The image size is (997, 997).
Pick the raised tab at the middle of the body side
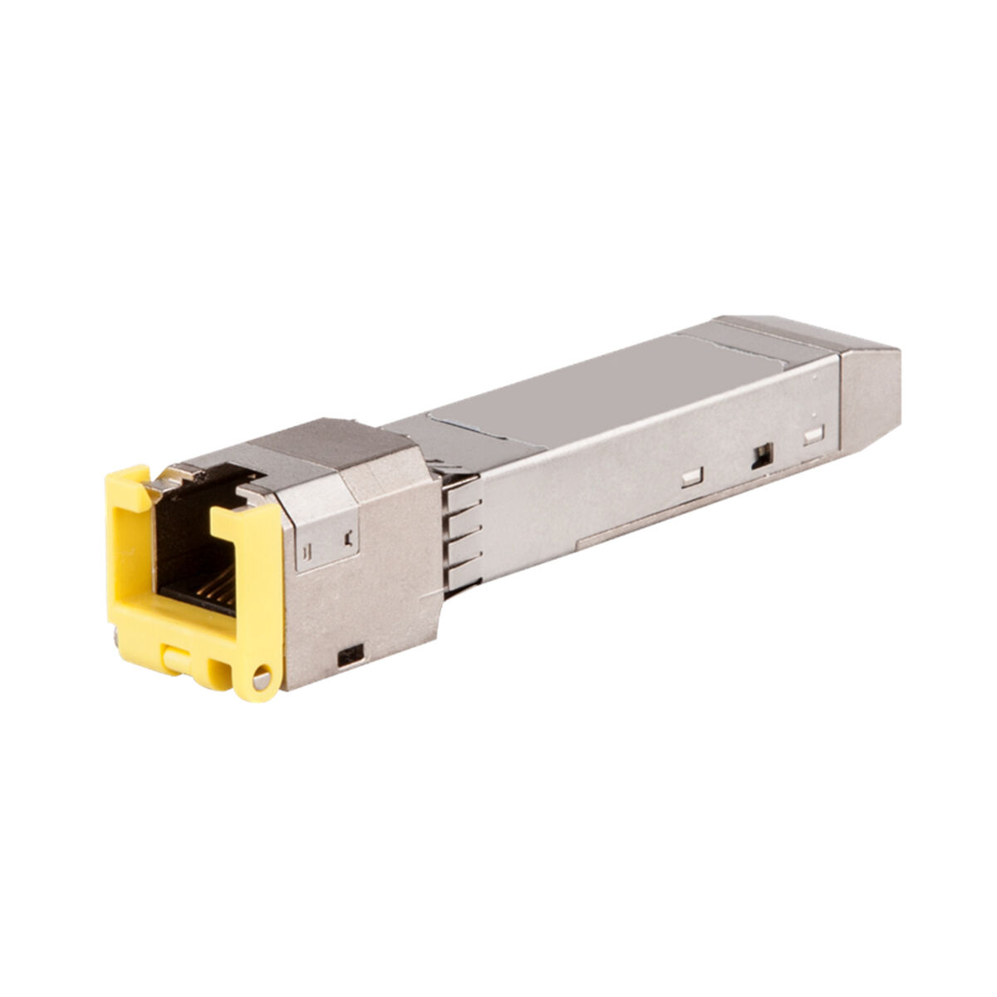[690, 478]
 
